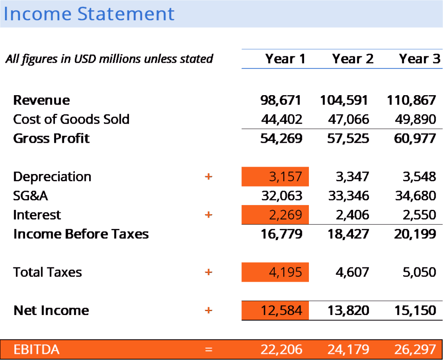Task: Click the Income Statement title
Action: click(x=89, y=13)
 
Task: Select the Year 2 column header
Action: click(x=353, y=59)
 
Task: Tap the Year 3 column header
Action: click(x=420, y=59)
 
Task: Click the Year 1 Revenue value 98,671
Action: click(x=281, y=100)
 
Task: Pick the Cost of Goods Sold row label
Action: click(x=71, y=119)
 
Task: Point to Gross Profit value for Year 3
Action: click(x=415, y=138)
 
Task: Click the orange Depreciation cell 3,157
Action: click(x=275, y=177)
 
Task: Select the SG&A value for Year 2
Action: click(x=349, y=196)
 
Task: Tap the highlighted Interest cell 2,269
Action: click(x=275, y=215)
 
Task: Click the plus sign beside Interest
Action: click(x=209, y=215)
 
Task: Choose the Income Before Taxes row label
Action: click(x=81, y=234)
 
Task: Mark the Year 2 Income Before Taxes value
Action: click(x=348, y=234)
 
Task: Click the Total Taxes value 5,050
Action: click(x=419, y=272)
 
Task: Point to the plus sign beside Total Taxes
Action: click(x=209, y=273)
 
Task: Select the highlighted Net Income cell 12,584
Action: click(x=275, y=310)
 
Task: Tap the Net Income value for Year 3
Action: click(x=415, y=311)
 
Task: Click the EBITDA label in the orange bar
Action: click(x=36, y=350)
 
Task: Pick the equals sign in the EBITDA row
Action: click(x=209, y=350)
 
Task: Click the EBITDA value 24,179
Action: click(x=348, y=350)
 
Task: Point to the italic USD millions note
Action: click(x=109, y=59)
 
